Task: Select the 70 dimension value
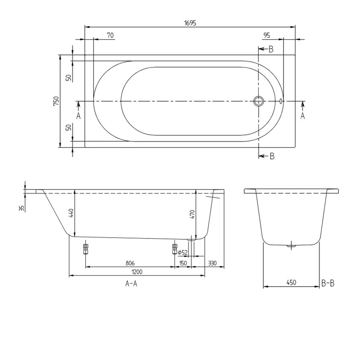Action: point(110,36)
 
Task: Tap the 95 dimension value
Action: point(266,36)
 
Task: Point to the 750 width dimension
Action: point(56,101)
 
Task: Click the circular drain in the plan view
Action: point(259,101)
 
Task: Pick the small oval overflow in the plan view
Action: point(281,101)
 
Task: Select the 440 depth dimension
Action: point(71,212)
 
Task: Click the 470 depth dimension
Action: point(192,214)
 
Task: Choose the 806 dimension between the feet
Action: point(130,263)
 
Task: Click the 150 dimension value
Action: point(183,263)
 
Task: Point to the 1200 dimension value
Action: point(137,272)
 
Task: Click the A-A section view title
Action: point(131,283)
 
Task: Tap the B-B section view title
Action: point(328,283)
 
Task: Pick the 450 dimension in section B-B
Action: point(291,283)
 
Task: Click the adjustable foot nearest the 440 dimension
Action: point(85,248)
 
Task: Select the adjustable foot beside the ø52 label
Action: point(175,248)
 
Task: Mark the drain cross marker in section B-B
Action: point(291,246)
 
